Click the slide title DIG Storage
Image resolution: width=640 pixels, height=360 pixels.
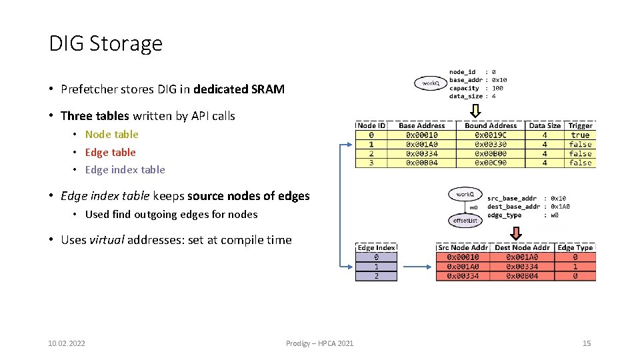tap(105, 43)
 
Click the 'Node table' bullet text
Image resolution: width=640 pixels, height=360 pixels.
tap(111, 134)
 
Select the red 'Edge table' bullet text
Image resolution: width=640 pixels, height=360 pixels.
tap(110, 152)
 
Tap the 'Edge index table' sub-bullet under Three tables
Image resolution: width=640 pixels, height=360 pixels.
tap(125, 169)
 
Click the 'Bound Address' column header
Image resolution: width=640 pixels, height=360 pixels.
tap(491, 125)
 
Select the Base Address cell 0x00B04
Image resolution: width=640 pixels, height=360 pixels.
tap(421, 163)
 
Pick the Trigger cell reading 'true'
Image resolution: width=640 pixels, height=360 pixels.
tap(580, 135)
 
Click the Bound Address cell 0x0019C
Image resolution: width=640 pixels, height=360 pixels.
tap(491, 135)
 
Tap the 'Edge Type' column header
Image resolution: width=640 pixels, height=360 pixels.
tap(575, 247)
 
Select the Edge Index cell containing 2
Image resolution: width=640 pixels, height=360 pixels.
tap(376, 275)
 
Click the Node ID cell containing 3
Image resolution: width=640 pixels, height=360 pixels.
tap(371, 163)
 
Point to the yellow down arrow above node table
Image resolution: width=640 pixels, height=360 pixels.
tap(475, 110)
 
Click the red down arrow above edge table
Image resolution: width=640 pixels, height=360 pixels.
tap(515, 233)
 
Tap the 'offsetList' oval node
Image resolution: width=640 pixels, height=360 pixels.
tap(465, 220)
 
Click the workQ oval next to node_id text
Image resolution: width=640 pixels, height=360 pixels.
tap(430, 83)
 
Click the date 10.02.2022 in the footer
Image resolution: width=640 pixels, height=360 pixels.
tap(67, 343)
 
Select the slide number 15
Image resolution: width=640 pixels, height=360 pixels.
tap(587, 343)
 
